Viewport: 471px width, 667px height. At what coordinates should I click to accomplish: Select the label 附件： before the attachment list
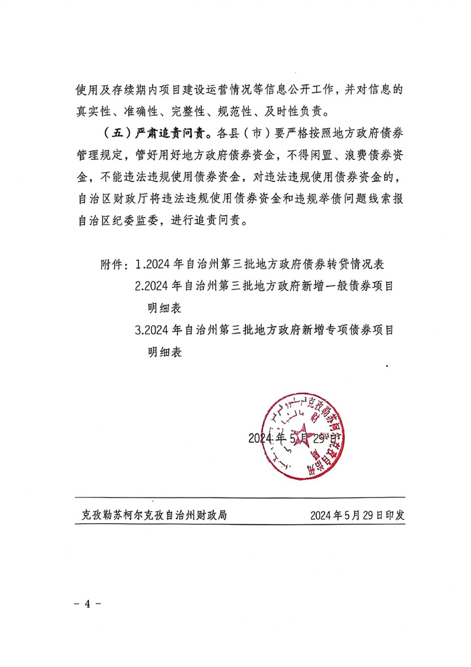116,263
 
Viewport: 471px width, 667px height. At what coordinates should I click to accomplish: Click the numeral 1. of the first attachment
140,263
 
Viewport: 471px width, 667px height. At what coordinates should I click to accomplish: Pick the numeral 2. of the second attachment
140,286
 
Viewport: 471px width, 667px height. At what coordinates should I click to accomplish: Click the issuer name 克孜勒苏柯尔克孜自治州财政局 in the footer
154,515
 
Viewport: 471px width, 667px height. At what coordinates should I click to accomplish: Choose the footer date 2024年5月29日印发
356,515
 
